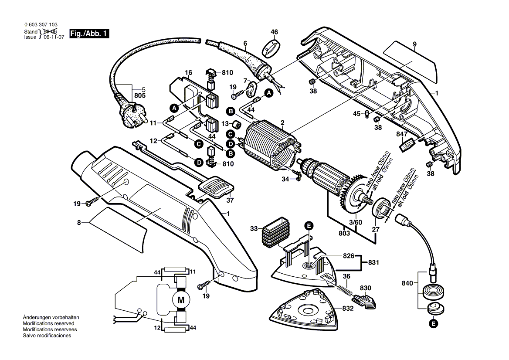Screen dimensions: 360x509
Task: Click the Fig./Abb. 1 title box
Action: [90, 34]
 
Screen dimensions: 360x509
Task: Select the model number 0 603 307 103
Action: [41, 26]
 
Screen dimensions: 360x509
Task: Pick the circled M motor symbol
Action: [181, 299]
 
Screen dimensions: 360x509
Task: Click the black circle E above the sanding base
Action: [309, 225]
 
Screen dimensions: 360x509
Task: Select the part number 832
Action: [347, 308]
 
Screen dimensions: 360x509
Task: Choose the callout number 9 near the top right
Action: [414, 44]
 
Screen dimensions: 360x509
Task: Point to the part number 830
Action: [365, 289]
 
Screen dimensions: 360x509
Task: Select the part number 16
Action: [188, 72]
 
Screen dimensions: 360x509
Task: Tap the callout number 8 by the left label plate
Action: [79, 222]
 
